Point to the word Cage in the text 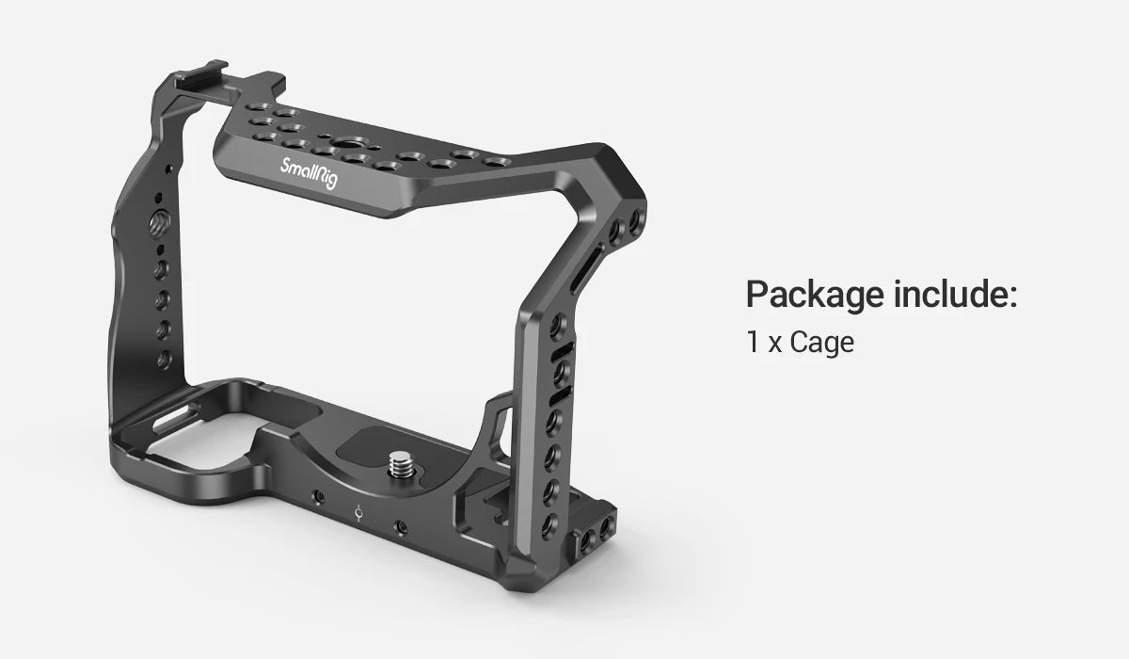tap(821, 343)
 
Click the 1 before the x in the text tap(753, 343)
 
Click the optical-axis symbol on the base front tap(358, 514)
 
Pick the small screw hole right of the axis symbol tap(402, 529)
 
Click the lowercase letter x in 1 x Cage tap(774, 345)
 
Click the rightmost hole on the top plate tap(490, 164)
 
